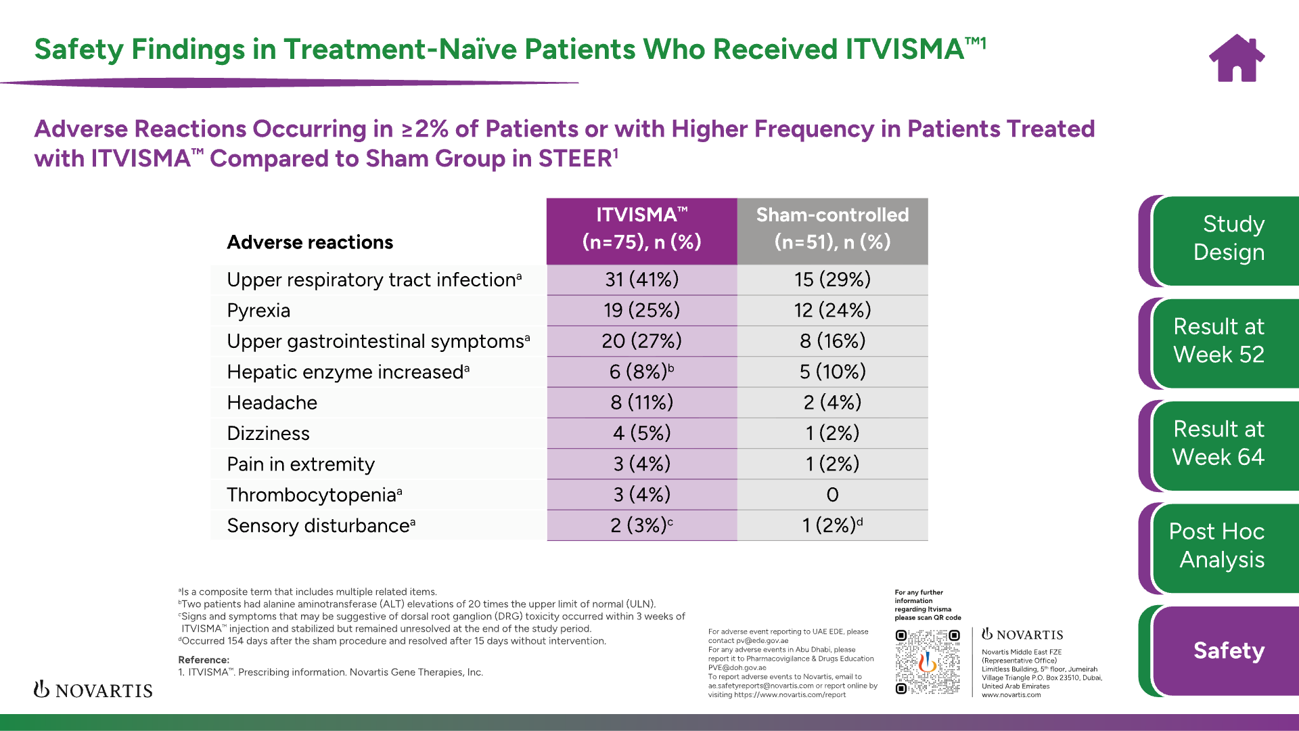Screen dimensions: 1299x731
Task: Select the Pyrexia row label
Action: tap(258, 311)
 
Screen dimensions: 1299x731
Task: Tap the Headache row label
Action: tap(272, 403)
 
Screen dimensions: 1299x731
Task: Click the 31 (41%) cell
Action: tap(641, 280)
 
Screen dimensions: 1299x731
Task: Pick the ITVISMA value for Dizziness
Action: tap(641, 433)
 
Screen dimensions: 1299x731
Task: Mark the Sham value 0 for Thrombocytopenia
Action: tap(832, 495)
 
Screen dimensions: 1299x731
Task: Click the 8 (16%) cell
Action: tap(832, 341)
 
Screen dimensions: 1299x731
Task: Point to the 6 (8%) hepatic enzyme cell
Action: tap(641, 372)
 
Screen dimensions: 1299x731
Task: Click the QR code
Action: tap(928, 661)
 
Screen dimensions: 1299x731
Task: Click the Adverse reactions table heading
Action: tap(310, 242)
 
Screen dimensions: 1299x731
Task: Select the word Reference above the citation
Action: tap(204, 660)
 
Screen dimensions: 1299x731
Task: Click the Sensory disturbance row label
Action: tap(321, 526)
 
